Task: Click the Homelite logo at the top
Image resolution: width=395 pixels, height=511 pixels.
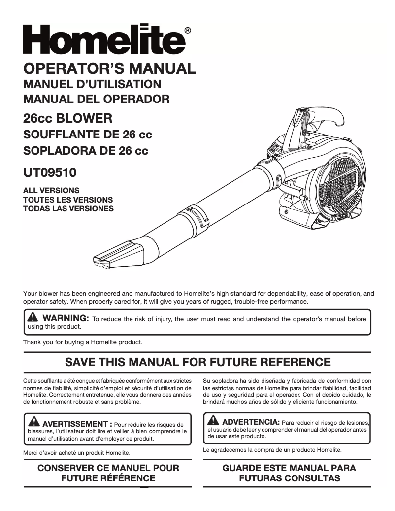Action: tap(103, 39)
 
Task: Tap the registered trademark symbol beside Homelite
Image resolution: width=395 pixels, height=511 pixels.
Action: tap(188, 31)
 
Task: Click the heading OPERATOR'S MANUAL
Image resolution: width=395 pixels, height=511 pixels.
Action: tap(109, 68)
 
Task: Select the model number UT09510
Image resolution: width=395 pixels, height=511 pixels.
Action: tap(50, 173)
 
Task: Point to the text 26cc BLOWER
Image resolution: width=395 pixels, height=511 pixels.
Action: tap(67, 119)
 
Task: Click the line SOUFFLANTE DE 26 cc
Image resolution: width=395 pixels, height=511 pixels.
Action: tap(88, 135)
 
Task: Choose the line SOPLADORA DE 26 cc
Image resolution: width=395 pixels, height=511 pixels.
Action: tap(86, 151)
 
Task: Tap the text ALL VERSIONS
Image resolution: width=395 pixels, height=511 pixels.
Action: tap(51, 190)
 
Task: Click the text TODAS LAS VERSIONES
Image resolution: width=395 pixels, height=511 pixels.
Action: tap(68, 209)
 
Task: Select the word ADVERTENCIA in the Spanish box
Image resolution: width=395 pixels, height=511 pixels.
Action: tap(251, 422)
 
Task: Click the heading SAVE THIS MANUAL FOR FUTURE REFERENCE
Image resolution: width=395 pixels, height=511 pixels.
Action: tap(198, 362)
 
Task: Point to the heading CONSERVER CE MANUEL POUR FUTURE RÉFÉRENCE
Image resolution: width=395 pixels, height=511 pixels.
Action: tap(108, 473)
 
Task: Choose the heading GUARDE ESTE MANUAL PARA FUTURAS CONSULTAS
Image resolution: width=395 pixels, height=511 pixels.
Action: tap(289, 473)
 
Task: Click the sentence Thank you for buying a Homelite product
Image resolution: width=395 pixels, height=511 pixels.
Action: tap(83, 342)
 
